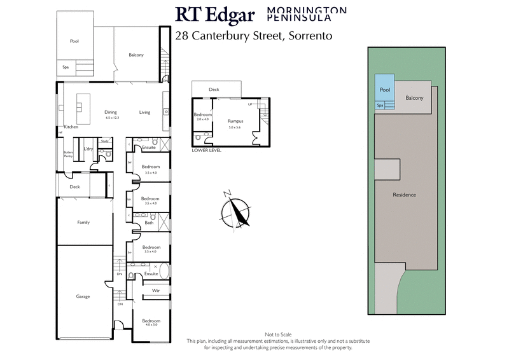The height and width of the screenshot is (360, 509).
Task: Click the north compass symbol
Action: (237, 209)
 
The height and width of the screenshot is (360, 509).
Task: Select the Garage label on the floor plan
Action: (83, 296)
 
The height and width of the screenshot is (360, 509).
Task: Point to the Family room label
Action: (83, 223)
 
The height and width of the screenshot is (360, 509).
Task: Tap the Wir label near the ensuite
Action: (155, 291)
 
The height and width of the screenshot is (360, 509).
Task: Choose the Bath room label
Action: (150, 223)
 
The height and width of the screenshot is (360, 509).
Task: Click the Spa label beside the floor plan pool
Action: (66, 66)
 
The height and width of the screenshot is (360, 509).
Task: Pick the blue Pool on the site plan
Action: (384, 90)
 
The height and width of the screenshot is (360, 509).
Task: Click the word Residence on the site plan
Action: (404, 195)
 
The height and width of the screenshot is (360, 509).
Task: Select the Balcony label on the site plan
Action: (415, 97)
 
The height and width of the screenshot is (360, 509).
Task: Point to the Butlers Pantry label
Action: (68, 154)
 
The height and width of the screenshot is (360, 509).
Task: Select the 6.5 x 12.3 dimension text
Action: (112, 118)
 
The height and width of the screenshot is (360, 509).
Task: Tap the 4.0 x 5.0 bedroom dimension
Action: (151, 325)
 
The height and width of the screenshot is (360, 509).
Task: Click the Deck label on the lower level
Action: (214, 90)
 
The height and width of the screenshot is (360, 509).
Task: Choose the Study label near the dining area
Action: (106, 141)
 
